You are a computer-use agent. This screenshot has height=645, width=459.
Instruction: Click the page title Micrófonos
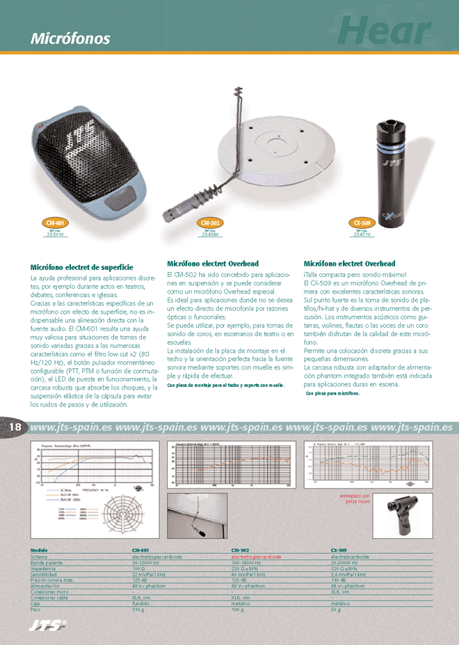click(x=70, y=38)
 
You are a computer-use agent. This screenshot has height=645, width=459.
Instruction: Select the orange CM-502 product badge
click(x=209, y=223)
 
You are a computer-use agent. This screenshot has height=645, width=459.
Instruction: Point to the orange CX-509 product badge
click(x=362, y=223)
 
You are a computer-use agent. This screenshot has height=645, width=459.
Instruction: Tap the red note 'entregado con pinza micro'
click(x=355, y=498)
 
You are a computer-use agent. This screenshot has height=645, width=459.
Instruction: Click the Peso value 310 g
click(x=138, y=610)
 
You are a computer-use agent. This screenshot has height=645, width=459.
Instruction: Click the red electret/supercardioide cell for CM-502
click(x=256, y=557)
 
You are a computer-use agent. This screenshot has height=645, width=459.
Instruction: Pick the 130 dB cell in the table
click(x=339, y=580)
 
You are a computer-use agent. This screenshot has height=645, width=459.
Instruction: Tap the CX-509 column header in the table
click(x=339, y=550)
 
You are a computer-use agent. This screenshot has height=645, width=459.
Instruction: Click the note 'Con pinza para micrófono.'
click(x=332, y=394)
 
